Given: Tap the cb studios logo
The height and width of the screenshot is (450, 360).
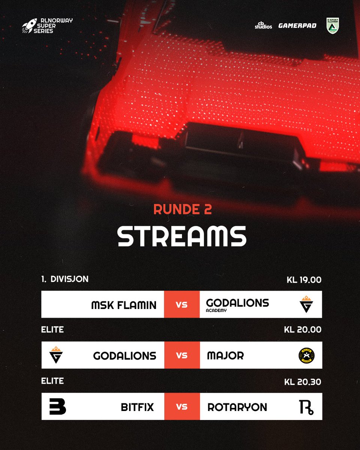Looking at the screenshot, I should point(263,26).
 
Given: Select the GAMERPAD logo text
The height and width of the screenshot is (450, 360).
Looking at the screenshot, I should point(297,26).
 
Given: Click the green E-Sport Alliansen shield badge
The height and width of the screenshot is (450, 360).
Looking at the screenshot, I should point(333,25).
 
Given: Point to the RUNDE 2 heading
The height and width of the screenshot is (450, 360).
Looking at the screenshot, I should point(182,209).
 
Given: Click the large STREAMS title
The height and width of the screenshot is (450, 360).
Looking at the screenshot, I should point(182,236).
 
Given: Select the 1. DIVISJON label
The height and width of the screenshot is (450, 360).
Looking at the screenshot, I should point(65,279).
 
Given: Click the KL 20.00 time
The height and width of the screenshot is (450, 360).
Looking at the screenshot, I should point(303,330).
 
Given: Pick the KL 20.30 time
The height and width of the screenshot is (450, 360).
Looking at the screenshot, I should point(303,382).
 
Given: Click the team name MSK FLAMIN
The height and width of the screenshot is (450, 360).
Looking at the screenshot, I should point(124,305).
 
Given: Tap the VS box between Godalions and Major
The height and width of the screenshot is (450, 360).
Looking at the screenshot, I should point(182,355).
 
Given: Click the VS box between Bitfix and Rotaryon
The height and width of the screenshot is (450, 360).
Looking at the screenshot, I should point(182,406).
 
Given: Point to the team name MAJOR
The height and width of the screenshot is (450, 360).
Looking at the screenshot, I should point(225,355).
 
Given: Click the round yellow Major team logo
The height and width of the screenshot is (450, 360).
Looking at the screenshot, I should point(307,355).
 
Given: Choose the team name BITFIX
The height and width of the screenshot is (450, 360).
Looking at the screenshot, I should point(137,407).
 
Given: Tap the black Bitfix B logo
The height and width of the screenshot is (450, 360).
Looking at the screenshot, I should point(57,406).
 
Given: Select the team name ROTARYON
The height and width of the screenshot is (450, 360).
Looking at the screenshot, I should point(237,407).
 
